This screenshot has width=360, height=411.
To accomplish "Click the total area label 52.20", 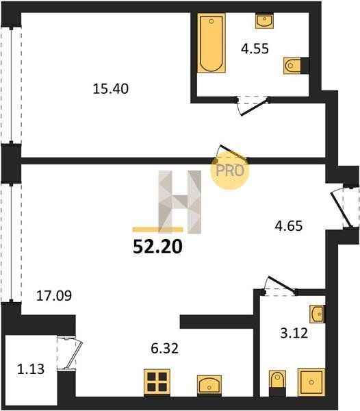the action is (157, 247).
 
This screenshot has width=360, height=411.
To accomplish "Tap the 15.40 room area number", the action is (111, 89).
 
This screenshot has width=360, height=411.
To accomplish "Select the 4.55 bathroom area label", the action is (255, 49).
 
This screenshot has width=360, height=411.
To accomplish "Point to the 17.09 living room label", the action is (54, 296).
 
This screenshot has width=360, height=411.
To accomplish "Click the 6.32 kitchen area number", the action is (165, 349).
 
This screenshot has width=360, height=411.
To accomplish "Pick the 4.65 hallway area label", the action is (289, 226).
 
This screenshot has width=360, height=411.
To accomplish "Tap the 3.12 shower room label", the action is (294, 334).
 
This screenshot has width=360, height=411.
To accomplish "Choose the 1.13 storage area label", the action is (31, 369).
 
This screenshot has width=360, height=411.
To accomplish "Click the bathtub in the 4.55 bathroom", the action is (211, 42).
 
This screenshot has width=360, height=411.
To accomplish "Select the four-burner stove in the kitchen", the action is (157, 382).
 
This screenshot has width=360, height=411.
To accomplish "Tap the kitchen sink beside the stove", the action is (209, 386).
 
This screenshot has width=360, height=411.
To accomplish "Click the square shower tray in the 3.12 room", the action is (311, 382).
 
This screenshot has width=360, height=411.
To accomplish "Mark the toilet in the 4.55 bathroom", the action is (296, 65).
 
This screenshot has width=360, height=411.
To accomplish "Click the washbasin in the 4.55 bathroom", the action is (264, 21).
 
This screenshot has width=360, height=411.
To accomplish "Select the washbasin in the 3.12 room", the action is (318, 314).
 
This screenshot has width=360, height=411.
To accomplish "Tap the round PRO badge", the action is (230, 171).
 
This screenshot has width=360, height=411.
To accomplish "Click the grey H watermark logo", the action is (179, 202).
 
